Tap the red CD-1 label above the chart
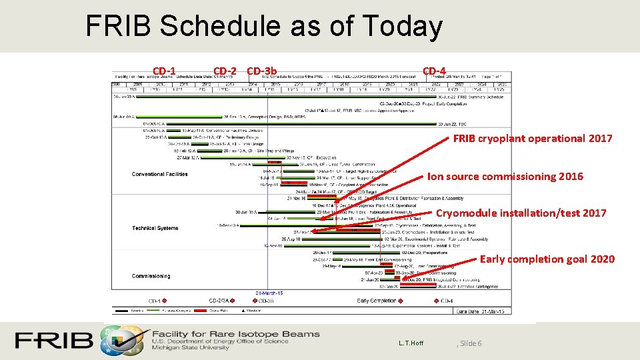pyautogui.click(x=164, y=71)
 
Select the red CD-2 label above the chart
pyautogui.click(x=225, y=71)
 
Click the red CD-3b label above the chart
pyautogui.click(x=261, y=71)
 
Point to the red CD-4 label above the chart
pyautogui.click(x=434, y=71)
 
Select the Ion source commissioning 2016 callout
pyautogui.click(x=505, y=177)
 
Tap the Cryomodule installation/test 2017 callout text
pyautogui.click(x=521, y=213)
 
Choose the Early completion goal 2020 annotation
pyautogui.click(x=547, y=259)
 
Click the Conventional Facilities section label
pyautogui.click(x=159, y=175)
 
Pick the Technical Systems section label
pyautogui.click(x=155, y=228)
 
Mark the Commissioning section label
pyautogui.click(x=151, y=276)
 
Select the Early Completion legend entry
pyautogui.click(x=377, y=301)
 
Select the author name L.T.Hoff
pyautogui.click(x=410, y=343)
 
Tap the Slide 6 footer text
pyautogui.click(x=471, y=343)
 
